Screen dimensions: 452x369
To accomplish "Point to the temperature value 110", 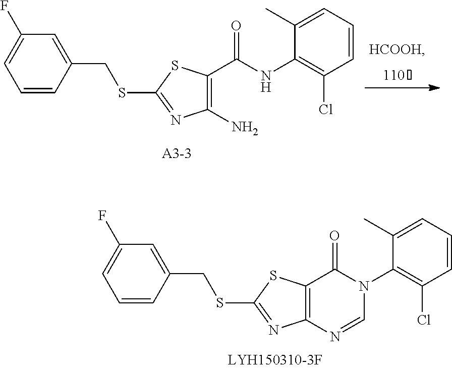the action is pos(392,76).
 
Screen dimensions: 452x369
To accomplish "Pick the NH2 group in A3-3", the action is pos(246,131).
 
